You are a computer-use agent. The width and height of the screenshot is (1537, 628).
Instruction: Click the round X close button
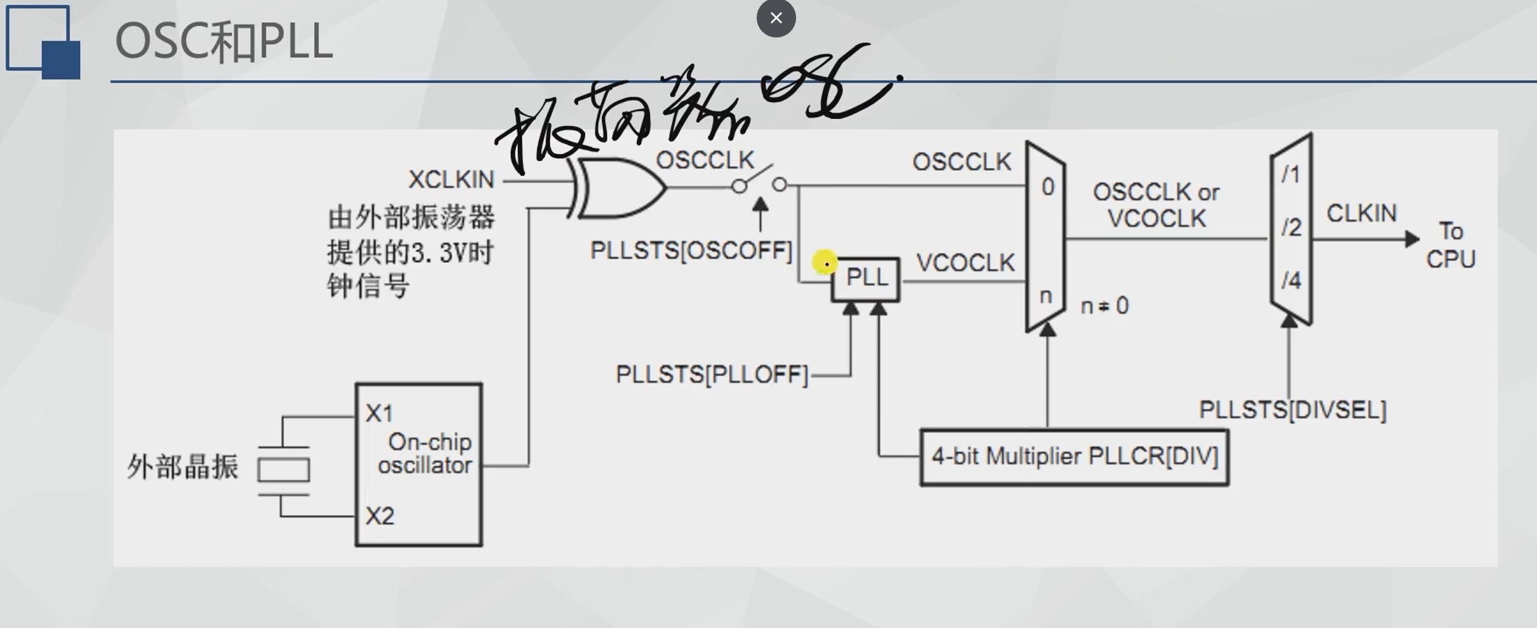(x=776, y=18)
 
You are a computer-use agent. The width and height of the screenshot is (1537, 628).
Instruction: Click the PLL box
(x=866, y=279)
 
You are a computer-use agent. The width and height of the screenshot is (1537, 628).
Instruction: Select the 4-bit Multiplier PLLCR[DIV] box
(x=1074, y=457)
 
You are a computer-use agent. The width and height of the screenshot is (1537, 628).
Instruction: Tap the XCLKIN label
(x=451, y=180)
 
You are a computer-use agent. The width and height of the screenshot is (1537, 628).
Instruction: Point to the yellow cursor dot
(x=824, y=263)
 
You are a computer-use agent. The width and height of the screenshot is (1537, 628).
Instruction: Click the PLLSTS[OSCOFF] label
(x=691, y=251)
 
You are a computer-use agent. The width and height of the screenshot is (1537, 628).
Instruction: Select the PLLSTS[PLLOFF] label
(x=711, y=375)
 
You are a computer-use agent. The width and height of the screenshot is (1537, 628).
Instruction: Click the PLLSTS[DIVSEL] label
(x=1292, y=410)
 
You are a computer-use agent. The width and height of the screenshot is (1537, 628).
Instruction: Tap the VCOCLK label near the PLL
(x=965, y=263)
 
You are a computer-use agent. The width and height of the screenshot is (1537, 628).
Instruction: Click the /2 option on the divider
(x=1291, y=228)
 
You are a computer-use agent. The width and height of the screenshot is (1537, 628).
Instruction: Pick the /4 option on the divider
(x=1291, y=281)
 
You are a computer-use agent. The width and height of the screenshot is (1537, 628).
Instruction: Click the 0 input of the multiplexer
(x=1048, y=187)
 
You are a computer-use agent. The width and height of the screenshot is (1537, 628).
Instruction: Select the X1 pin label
(x=379, y=414)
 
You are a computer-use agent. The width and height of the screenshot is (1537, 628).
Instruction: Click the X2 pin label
(x=379, y=516)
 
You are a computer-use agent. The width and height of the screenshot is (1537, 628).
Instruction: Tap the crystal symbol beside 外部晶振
(x=283, y=470)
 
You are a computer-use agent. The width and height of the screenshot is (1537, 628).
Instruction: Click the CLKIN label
(x=1361, y=214)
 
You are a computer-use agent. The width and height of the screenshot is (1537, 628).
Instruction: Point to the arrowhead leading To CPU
(x=1412, y=239)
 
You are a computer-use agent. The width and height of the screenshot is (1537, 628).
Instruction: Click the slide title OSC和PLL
(x=224, y=42)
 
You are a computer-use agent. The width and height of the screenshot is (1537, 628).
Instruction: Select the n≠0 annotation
(x=1104, y=306)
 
